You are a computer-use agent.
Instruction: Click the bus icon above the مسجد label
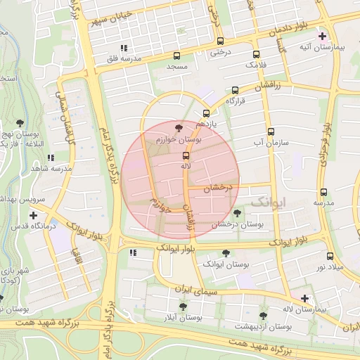[176, 56]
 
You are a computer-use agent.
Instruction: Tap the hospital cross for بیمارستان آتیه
[322, 35]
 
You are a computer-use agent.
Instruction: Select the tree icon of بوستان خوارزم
[177, 128]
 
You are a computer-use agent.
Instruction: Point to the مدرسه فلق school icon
[124, 48]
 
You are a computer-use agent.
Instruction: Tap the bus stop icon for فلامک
[256, 53]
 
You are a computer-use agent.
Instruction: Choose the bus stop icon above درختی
[220, 41]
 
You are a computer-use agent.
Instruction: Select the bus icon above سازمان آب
[270, 131]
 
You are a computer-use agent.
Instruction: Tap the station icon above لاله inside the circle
[186, 155]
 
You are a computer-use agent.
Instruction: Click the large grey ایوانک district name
[269, 202]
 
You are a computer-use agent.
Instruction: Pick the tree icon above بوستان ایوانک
[226, 252]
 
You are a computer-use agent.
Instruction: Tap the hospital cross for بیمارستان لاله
[304, 298]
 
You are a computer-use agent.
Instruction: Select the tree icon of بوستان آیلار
[183, 307]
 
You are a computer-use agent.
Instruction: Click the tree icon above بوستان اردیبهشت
[263, 316]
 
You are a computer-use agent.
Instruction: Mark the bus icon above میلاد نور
[330, 256]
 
